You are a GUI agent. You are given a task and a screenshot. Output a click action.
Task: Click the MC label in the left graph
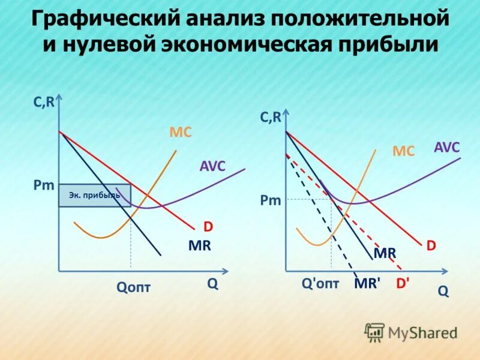[x=181, y=133]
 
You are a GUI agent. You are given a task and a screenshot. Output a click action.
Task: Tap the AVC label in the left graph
[x=212, y=166]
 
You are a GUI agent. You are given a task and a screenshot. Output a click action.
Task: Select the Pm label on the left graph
[x=43, y=186]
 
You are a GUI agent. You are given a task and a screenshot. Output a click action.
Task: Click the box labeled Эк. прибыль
[x=94, y=195]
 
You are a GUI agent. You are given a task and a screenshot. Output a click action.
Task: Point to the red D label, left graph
[x=208, y=227]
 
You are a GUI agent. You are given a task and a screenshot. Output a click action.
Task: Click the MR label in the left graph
[x=199, y=246]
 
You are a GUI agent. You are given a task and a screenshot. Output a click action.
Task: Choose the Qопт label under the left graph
[x=133, y=287]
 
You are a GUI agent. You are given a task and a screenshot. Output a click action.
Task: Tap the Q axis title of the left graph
[x=213, y=284]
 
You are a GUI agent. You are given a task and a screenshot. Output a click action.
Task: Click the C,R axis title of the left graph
[x=44, y=103]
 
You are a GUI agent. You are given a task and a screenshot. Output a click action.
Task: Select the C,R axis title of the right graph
[x=271, y=118]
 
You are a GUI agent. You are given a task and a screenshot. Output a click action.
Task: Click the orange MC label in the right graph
[x=403, y=151]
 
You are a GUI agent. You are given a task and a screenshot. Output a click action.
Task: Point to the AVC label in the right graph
[x=446, y=148]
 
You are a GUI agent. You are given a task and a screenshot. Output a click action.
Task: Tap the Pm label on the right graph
[x=271, y=200]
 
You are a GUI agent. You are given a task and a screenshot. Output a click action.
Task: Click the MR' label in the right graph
[x=367, y=284]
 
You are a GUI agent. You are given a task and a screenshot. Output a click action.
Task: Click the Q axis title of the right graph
[x=443, y=291]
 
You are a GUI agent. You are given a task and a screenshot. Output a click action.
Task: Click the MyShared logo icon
[x=374, y=332]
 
